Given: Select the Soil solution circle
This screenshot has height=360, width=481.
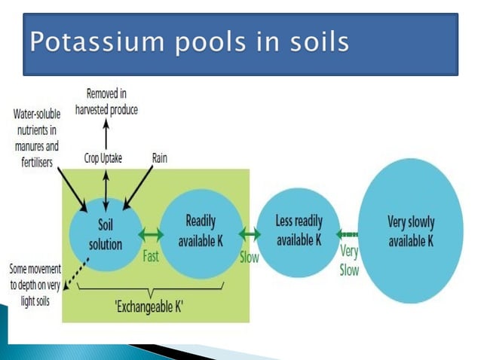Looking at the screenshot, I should tap(106, 234).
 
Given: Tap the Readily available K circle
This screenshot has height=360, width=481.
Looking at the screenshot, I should tap(201, 232).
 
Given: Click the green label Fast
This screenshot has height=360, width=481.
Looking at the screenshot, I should tap(151, 256).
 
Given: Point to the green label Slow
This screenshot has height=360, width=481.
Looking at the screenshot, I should tap(249, 257).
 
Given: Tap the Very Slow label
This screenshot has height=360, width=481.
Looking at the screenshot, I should tap(349, 260).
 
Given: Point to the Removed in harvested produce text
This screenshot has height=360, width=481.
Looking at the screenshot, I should tap(106, 102).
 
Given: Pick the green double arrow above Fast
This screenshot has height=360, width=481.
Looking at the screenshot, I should tap(152, 234).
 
